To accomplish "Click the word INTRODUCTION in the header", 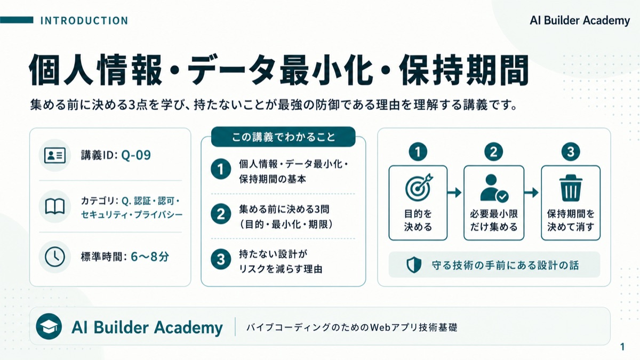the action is point(84,21).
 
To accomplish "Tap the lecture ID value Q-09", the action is point(136,155).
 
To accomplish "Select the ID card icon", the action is point(55,155).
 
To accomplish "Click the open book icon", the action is point(55,206).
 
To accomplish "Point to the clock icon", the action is point(55,257).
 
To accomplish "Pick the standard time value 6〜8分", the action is point(150,257).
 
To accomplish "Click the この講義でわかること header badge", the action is point(283,137).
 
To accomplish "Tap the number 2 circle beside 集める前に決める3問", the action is point(221,214).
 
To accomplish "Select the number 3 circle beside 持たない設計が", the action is point(221,259).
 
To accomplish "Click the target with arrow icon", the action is point(419,187).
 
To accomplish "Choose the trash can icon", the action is point(571,188).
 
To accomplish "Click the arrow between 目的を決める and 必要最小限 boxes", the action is point(454,193).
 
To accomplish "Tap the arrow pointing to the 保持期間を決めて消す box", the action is point(531,193).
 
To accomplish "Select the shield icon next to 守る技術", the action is point(414,265).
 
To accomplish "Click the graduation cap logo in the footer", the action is point(49,326).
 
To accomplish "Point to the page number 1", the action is point(622,347).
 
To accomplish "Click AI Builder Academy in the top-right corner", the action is point(580,21).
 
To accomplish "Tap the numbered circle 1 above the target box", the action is point(418,151).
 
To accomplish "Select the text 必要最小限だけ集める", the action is point(494,220).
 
